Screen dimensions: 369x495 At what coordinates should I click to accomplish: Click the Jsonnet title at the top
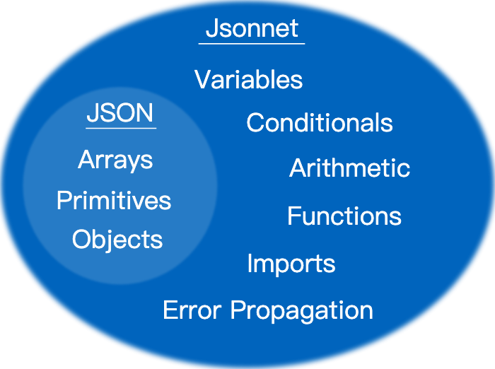point(252,29)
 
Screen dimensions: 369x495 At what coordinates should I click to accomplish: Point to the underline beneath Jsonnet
point(252,44)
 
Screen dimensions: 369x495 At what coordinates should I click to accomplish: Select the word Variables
point(249,80)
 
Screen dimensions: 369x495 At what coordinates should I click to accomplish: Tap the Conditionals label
point(320,123)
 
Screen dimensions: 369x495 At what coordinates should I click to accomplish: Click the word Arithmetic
point(350,168)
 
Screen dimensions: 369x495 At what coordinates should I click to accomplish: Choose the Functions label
point(344,216)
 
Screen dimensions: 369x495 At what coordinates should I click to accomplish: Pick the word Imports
point(291,264)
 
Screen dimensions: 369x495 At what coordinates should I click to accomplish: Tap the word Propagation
point(302,311)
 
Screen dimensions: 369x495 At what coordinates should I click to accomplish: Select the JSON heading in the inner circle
point(120,113)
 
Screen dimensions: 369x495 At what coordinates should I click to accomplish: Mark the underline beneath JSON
point(121,128)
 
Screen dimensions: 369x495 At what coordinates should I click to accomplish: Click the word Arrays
point(115,160)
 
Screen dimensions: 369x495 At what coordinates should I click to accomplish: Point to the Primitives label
point(114,201)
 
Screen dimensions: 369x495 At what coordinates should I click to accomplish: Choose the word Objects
point(117,240)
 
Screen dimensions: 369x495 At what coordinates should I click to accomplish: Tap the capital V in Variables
point(202,79)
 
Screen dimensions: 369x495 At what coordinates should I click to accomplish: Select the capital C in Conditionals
point(255,123)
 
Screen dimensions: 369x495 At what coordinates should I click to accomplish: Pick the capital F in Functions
point(293,216)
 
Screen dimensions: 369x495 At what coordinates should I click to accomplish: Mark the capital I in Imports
point(250,264)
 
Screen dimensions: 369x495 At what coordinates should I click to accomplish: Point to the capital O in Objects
point(81,239)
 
